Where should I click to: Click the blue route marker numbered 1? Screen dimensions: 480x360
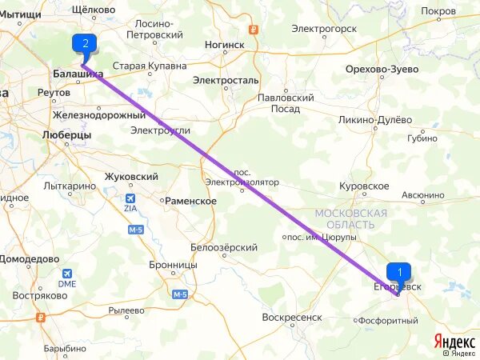point(399,272)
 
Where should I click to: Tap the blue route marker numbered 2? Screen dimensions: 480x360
point(85,43)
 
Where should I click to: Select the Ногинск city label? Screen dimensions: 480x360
point(223,46)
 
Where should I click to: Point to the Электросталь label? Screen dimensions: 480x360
point(226,81)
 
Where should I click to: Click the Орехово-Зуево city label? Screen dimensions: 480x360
point(382,70)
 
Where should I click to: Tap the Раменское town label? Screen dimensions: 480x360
point(190,202)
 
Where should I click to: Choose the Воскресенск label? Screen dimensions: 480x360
point(292,318)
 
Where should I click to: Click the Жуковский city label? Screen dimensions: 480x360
point(131,177)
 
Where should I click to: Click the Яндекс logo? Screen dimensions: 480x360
point(454,340)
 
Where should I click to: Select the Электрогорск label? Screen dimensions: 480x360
point(323,29)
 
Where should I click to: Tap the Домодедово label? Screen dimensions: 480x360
point(30,259)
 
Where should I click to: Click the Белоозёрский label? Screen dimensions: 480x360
point(224,248)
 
